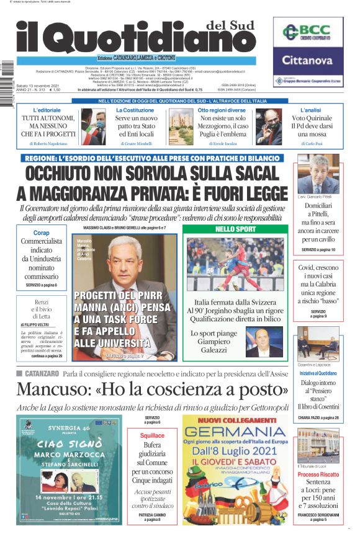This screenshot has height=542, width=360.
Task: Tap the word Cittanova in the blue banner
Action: coord(308,60)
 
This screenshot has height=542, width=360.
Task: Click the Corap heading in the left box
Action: coord(41,233)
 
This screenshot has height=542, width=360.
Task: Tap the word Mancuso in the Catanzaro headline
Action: coord(53,390)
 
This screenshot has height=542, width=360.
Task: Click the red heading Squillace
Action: coord(152,436)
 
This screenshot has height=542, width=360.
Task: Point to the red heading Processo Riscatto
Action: coord(318,474)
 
